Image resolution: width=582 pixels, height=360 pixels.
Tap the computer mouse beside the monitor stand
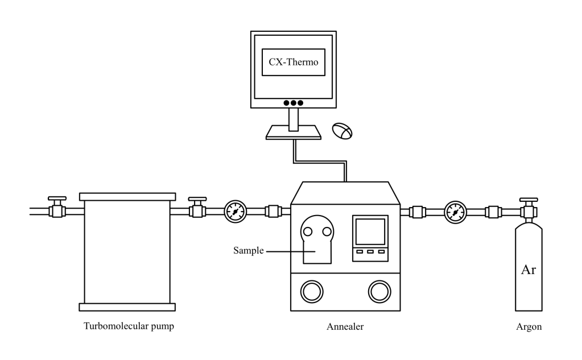click(x=342, y=131)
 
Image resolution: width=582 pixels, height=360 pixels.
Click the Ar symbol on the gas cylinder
click(x=529, y=269)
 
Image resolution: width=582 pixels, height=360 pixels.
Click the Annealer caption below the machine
click(x=345, y=326)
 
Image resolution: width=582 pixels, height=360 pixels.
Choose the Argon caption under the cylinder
click(x=529, y=326)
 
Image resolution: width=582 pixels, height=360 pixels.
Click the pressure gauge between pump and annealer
click(x=234, y=212)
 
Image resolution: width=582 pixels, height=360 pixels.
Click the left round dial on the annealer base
click(x=311, y=291)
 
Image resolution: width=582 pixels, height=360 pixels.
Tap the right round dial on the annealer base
click(x=379, y=291)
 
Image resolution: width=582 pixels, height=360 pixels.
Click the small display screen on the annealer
click(x=370, y=233)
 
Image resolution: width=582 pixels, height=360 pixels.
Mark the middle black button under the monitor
click(x=293, y=103)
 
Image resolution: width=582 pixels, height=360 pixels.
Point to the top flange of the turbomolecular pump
click(x=126, y=196)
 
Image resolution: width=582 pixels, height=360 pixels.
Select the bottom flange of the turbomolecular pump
click(x=126, y=307)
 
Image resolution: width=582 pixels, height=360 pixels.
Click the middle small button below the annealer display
click(x=370, y=251)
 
